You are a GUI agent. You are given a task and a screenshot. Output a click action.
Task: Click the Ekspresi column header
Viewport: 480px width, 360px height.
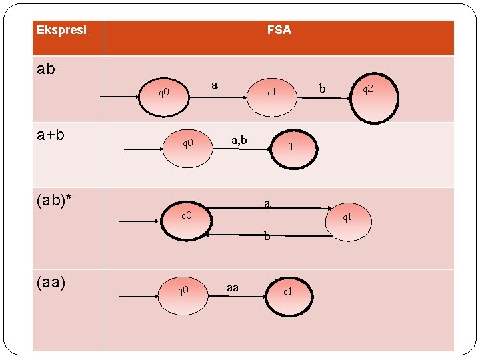coord(61,31)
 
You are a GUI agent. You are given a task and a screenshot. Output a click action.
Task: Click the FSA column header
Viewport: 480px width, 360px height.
coord(279,30)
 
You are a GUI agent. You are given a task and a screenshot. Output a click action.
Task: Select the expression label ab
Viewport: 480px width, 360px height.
coord(46,69)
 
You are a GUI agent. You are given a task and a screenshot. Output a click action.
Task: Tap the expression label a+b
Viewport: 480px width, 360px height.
coord(51,135)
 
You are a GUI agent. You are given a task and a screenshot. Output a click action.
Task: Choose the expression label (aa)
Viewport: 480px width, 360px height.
coord(52,282)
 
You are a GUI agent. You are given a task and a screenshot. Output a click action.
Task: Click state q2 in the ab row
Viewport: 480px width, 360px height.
coord(367,90)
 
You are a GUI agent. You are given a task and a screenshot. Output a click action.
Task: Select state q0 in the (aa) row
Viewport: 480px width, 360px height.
coord(183,290)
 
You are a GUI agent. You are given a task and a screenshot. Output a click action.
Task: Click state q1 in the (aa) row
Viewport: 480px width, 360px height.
coord(288,291)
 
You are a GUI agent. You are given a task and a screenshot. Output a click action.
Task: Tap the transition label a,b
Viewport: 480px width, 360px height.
coord(239,140)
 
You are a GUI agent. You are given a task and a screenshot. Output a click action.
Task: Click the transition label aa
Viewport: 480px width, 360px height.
coord(233,287)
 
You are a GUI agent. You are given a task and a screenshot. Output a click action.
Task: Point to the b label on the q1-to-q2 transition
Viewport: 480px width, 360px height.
coord(322,88)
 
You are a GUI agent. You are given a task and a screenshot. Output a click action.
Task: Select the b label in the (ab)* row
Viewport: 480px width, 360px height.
coord(267,236)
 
